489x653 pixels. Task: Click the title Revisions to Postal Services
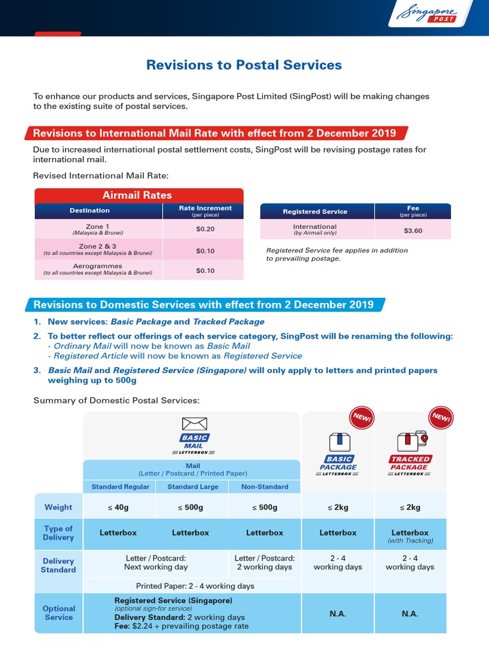[244, 65]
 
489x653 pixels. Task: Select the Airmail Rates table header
[137, 195]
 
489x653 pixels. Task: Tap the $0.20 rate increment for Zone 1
[205, 229]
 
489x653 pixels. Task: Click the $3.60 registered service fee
[413, 230]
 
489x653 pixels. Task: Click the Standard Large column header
[192, 487]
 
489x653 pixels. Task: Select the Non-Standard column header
[264, 487]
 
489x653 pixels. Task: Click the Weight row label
[58, 508]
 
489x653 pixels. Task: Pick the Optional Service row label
[59, 613]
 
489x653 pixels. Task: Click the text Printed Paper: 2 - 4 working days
[195, 586]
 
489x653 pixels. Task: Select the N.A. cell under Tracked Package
[410, 613]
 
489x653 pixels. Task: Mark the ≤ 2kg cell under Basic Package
[338, 508]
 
